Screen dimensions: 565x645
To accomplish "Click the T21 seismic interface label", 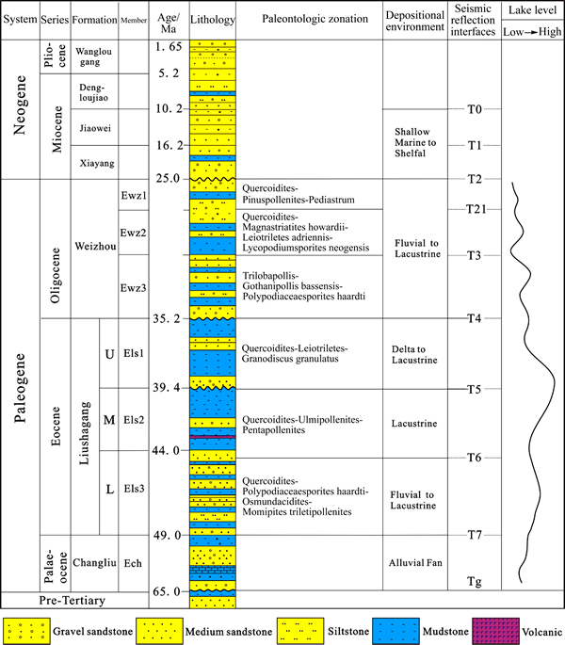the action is pos(476,209).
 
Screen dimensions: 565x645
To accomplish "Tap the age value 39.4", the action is pos(167,388).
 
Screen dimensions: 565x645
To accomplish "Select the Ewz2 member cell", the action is pos(133,233).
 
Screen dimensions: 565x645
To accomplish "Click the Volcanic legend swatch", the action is pos(496,631).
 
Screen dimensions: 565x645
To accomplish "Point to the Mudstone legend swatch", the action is pos(395,631).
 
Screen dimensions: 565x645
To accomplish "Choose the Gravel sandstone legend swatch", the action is pos(26,631).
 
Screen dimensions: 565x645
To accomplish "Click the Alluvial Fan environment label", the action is pos(415,563).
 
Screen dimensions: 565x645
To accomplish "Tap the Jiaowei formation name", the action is pos(95,128).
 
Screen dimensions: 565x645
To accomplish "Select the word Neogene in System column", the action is pos(20,105).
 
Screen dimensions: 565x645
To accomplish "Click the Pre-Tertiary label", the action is pos(72,601).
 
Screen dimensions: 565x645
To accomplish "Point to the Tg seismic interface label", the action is pos(474,582).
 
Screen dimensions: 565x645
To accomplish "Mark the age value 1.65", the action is pos(169,46).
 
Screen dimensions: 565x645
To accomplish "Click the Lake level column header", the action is pos(532,9).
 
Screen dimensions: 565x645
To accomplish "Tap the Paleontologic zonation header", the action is pos(315,19).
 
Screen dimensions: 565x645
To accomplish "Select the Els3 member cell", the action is pos(134,489).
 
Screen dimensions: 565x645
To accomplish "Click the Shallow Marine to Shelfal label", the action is pos(415,142).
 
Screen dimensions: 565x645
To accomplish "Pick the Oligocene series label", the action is pos(56,275).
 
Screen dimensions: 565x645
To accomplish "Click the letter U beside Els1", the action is pos(109,354).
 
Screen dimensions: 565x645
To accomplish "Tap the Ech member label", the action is pos(133,563).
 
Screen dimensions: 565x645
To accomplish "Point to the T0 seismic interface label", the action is pos(474,109).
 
